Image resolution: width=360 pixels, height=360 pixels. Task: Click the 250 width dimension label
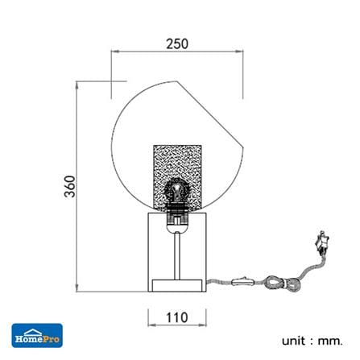(177, 43)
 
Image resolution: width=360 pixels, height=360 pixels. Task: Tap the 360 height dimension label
(70, 186)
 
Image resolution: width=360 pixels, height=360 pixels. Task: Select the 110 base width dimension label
(177, 317)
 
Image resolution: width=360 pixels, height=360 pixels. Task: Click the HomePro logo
(37, 336)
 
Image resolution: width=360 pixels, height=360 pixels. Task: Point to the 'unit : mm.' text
(312, 341)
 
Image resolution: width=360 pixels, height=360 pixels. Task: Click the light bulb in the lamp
(177, 191)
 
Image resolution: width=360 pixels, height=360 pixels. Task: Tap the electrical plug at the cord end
(322, 243)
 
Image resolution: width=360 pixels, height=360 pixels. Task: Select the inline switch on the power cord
(243, 281)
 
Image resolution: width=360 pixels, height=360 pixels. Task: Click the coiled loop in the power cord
(281, 283)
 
